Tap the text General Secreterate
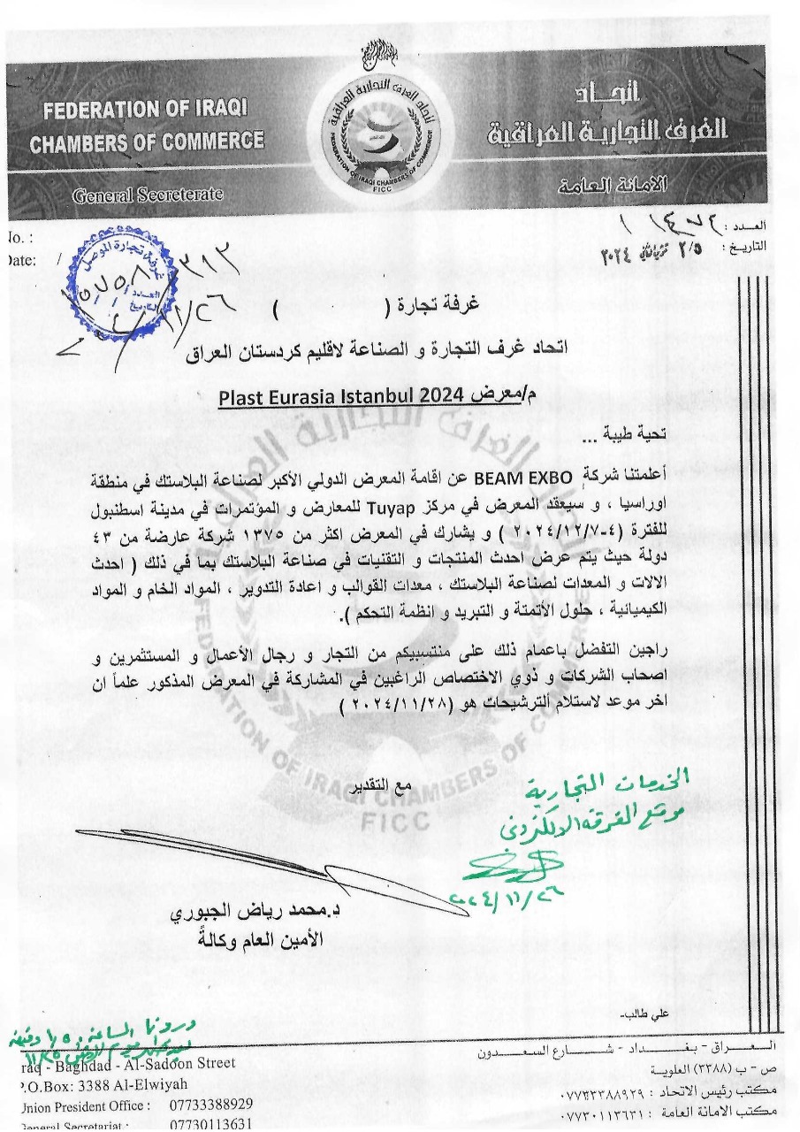click(x=148, y=195)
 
